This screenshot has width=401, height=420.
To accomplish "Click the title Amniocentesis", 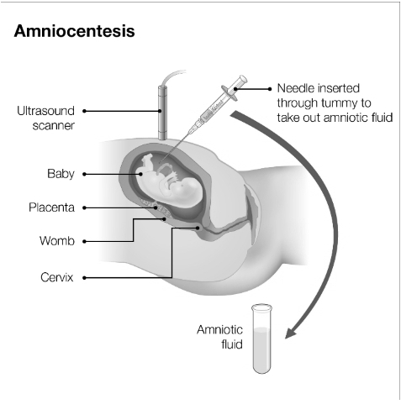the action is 74,31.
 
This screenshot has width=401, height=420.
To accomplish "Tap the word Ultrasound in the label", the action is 45,111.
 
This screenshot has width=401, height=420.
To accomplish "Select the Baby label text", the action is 61,174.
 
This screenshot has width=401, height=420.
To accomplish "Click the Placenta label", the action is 51,207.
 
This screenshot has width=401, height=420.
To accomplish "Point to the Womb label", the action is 57,241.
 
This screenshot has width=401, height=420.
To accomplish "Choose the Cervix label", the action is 57,277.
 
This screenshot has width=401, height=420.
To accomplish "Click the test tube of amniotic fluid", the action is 262,339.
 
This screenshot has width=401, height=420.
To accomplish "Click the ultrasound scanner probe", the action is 162,113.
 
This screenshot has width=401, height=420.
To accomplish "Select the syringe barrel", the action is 214,108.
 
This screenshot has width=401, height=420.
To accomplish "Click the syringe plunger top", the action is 243,79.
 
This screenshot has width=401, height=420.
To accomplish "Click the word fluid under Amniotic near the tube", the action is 232,344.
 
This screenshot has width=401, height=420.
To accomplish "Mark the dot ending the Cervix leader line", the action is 198,228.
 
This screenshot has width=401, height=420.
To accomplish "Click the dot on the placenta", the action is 156,207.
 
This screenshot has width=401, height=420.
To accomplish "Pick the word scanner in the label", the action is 54,125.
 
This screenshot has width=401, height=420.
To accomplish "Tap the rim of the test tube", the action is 262,307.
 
